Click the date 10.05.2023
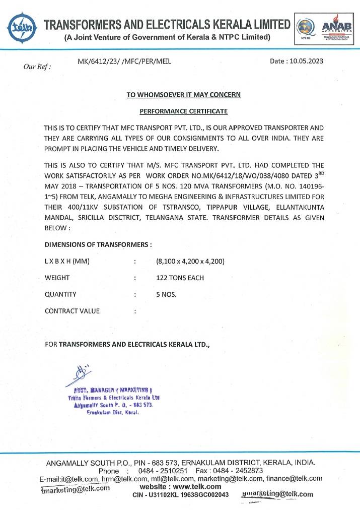pos(297,61)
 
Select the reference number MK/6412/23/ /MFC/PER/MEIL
pos(124,61)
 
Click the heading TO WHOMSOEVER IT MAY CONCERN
pos(183,94)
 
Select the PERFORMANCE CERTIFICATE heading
pos(183,111)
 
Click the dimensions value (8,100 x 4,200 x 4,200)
pos(190,261)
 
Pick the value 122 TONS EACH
pos(180,278)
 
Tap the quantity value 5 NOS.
pos(167,294)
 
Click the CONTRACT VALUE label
pos(72,311)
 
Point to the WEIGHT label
pos(57,278)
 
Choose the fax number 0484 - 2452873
pos(237,471)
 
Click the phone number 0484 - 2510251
pos(159,471)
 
